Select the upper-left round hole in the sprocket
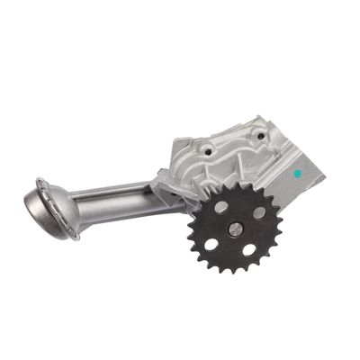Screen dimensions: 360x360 coord(220,207)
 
